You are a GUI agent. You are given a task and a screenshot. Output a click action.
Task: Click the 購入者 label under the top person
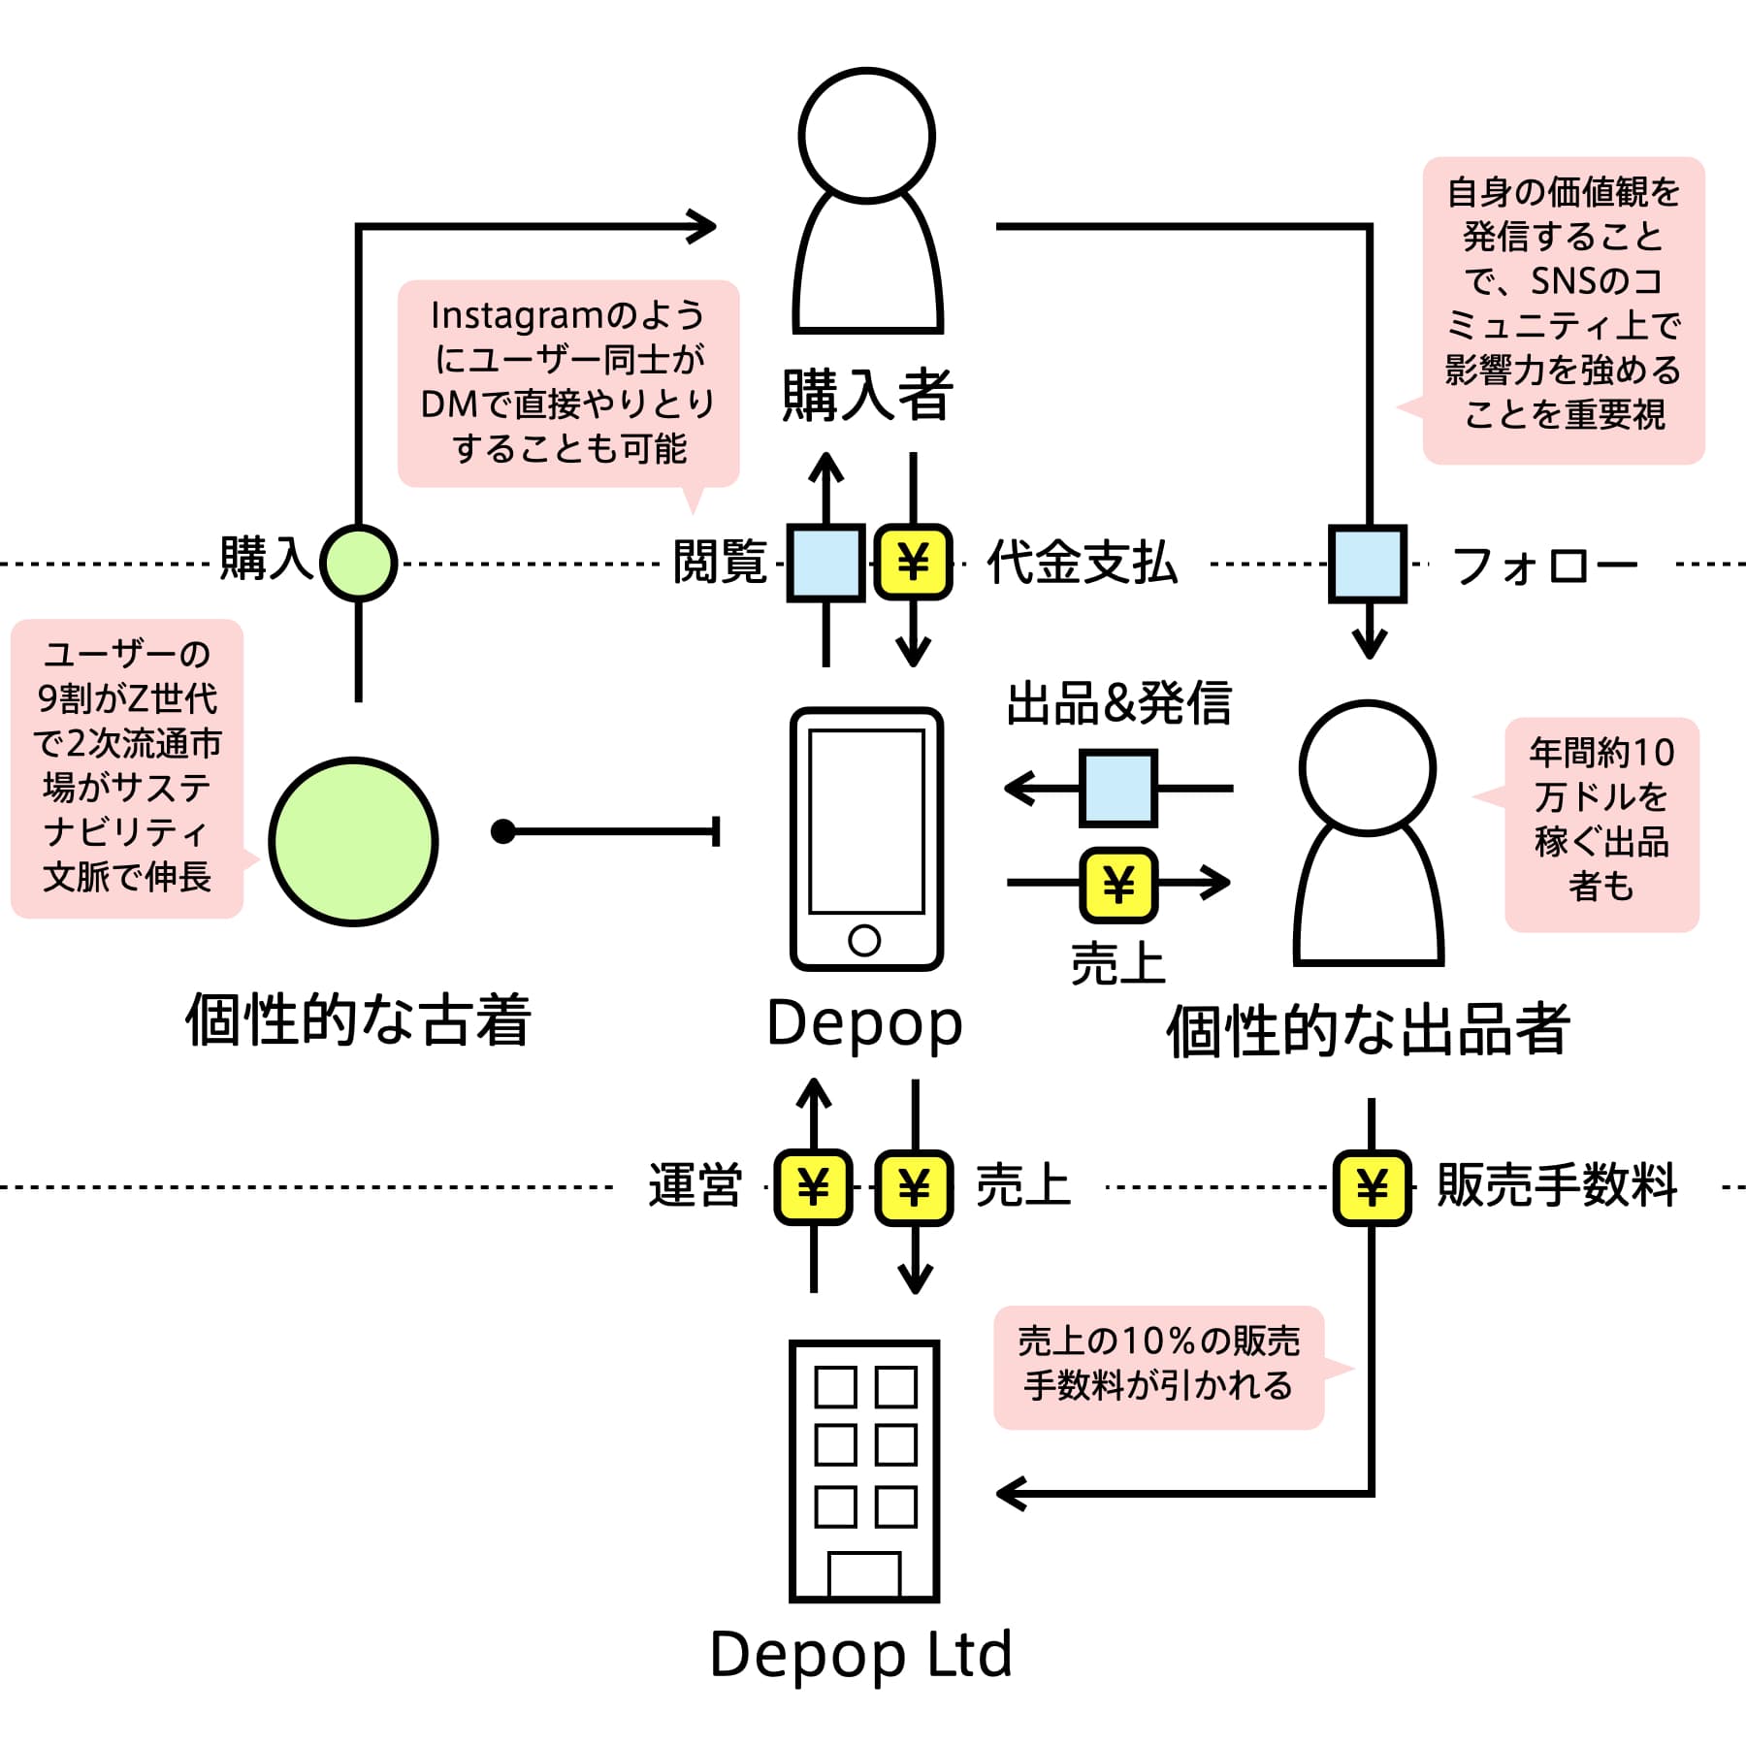[x=867, y=395]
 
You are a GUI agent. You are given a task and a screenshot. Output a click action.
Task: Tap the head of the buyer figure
[x=867, y=135]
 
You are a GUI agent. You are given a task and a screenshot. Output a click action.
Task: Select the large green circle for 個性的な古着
[x=354, y=842]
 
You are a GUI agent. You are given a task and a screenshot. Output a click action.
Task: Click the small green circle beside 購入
[x=359, y=563]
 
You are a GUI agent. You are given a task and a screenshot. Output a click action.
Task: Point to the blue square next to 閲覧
[x=825, y=564]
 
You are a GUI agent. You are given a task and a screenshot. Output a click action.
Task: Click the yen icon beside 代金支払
[x=914, y=563]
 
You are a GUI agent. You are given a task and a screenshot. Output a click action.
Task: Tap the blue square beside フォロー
[x=1368, y=564]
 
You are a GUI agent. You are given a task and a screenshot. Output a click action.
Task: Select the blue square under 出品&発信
[x=1118, y=789]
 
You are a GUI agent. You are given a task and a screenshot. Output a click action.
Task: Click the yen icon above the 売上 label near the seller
[x=1118, y=885]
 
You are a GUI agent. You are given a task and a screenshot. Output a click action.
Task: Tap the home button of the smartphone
[x=864, y=940]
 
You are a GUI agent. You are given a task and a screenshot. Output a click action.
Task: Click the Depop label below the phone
[x=864, y=1024]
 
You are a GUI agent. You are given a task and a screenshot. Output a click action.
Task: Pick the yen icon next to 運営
[x=813, y=1187]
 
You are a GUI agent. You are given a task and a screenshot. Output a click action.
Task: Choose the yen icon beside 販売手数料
[x=1372, y=1187]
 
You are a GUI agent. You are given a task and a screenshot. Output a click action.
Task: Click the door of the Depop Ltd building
[x=864, y=1574]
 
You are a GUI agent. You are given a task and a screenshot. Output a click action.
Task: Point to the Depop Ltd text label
[x=861, y=1655]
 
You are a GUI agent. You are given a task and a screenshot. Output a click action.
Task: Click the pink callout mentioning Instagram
[x=568, y=383]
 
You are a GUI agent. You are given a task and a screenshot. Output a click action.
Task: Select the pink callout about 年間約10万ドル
[x=1600, y=824]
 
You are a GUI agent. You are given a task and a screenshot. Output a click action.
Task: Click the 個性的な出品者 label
[x=1368, y=1030]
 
